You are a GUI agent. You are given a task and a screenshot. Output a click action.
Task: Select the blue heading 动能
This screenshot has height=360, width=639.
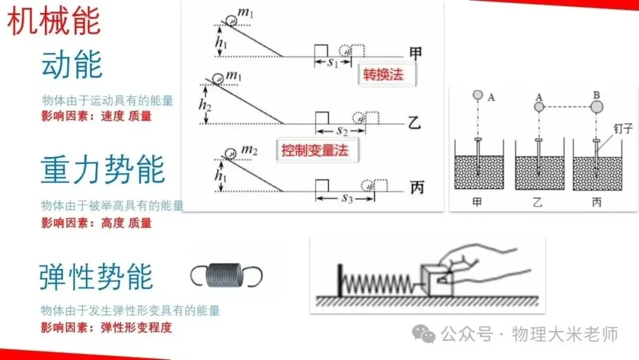[x=72, y=65]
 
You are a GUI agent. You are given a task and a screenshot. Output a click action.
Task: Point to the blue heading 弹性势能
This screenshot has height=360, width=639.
[x=96, y=277]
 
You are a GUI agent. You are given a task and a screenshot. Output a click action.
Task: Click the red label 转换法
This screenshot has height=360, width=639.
[x=386, y=75]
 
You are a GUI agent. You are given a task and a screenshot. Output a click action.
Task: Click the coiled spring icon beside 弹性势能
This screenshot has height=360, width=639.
[x=227, y=275]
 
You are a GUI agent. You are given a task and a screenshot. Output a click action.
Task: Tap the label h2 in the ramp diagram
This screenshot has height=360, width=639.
[x=205, y=104]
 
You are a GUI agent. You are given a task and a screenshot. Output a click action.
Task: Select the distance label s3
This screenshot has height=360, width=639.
[x=347, y=199]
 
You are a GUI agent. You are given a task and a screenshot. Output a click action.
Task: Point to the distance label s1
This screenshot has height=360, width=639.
[x=333, y=63]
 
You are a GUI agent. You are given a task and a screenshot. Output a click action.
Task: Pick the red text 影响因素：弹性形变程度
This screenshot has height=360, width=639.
[x=106, y=327]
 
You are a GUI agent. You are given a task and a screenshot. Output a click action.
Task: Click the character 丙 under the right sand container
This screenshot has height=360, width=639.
[x=596, y=201]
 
